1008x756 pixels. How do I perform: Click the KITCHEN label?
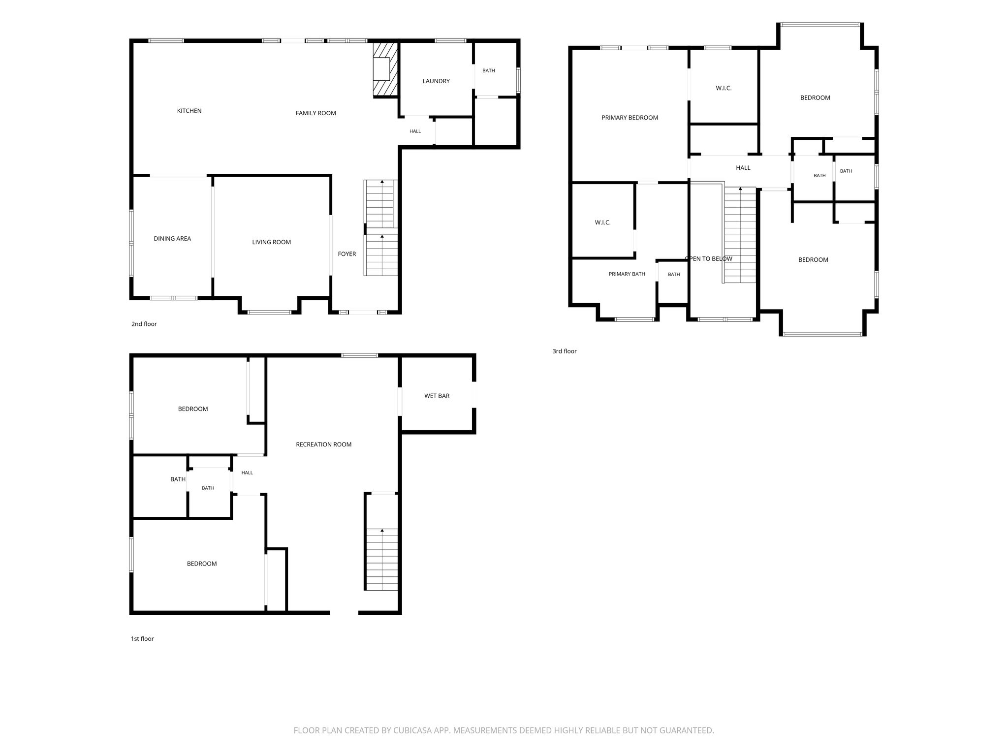(189, 111)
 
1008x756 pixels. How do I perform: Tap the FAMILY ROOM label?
(315, 113)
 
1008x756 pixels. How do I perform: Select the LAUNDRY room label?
(436, 81)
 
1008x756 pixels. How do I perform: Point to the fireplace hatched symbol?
(385, 69)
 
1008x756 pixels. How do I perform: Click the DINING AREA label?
(172, 239)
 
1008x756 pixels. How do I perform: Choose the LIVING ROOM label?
(271, 242)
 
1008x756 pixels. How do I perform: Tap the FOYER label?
(346, 254)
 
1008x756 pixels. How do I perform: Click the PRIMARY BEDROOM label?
(630, 118)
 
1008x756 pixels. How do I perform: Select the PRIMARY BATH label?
(627, 274)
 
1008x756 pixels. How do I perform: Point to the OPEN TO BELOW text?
(708, 259)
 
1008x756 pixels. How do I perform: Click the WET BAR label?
(437, 396)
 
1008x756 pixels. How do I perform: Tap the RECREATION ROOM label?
(323, 444)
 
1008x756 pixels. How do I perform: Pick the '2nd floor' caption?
(144, 324)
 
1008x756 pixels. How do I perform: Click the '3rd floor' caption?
(564, 351)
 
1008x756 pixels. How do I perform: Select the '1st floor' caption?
(142, 639)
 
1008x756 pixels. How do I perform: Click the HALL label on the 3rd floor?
(743, 168)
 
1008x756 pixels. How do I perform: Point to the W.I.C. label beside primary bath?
(602, 223)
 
